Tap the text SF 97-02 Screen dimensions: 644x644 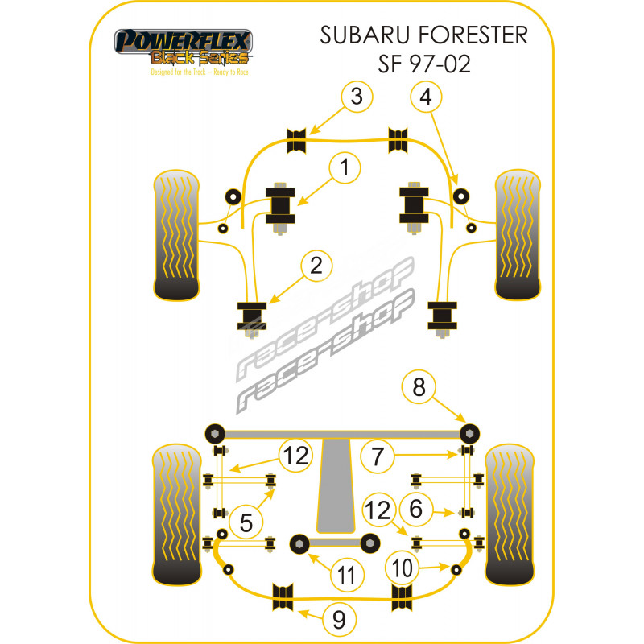pos(424,64)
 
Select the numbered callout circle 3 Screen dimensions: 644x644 pos(357,97)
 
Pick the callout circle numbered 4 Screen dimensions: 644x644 pos(426,97)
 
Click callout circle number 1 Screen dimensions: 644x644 pos(345,167)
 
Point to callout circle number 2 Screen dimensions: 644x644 pos(316,266)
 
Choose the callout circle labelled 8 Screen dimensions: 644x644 pos(419,386)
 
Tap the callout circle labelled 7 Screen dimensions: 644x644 pos(377,456)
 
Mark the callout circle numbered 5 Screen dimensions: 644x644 pos(246,522)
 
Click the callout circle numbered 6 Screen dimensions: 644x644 pos(416,509)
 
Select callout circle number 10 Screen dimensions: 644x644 pos(402,568)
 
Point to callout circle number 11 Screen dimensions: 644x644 pos(347,574)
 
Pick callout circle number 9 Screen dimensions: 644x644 pos(339,619)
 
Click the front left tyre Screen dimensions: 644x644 pos(176,235)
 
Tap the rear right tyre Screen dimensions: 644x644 pos(510,514)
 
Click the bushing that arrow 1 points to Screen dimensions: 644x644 pos(280,206)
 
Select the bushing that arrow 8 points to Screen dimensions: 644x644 pos(469,433)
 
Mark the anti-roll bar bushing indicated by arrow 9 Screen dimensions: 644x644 pos(283,597)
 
